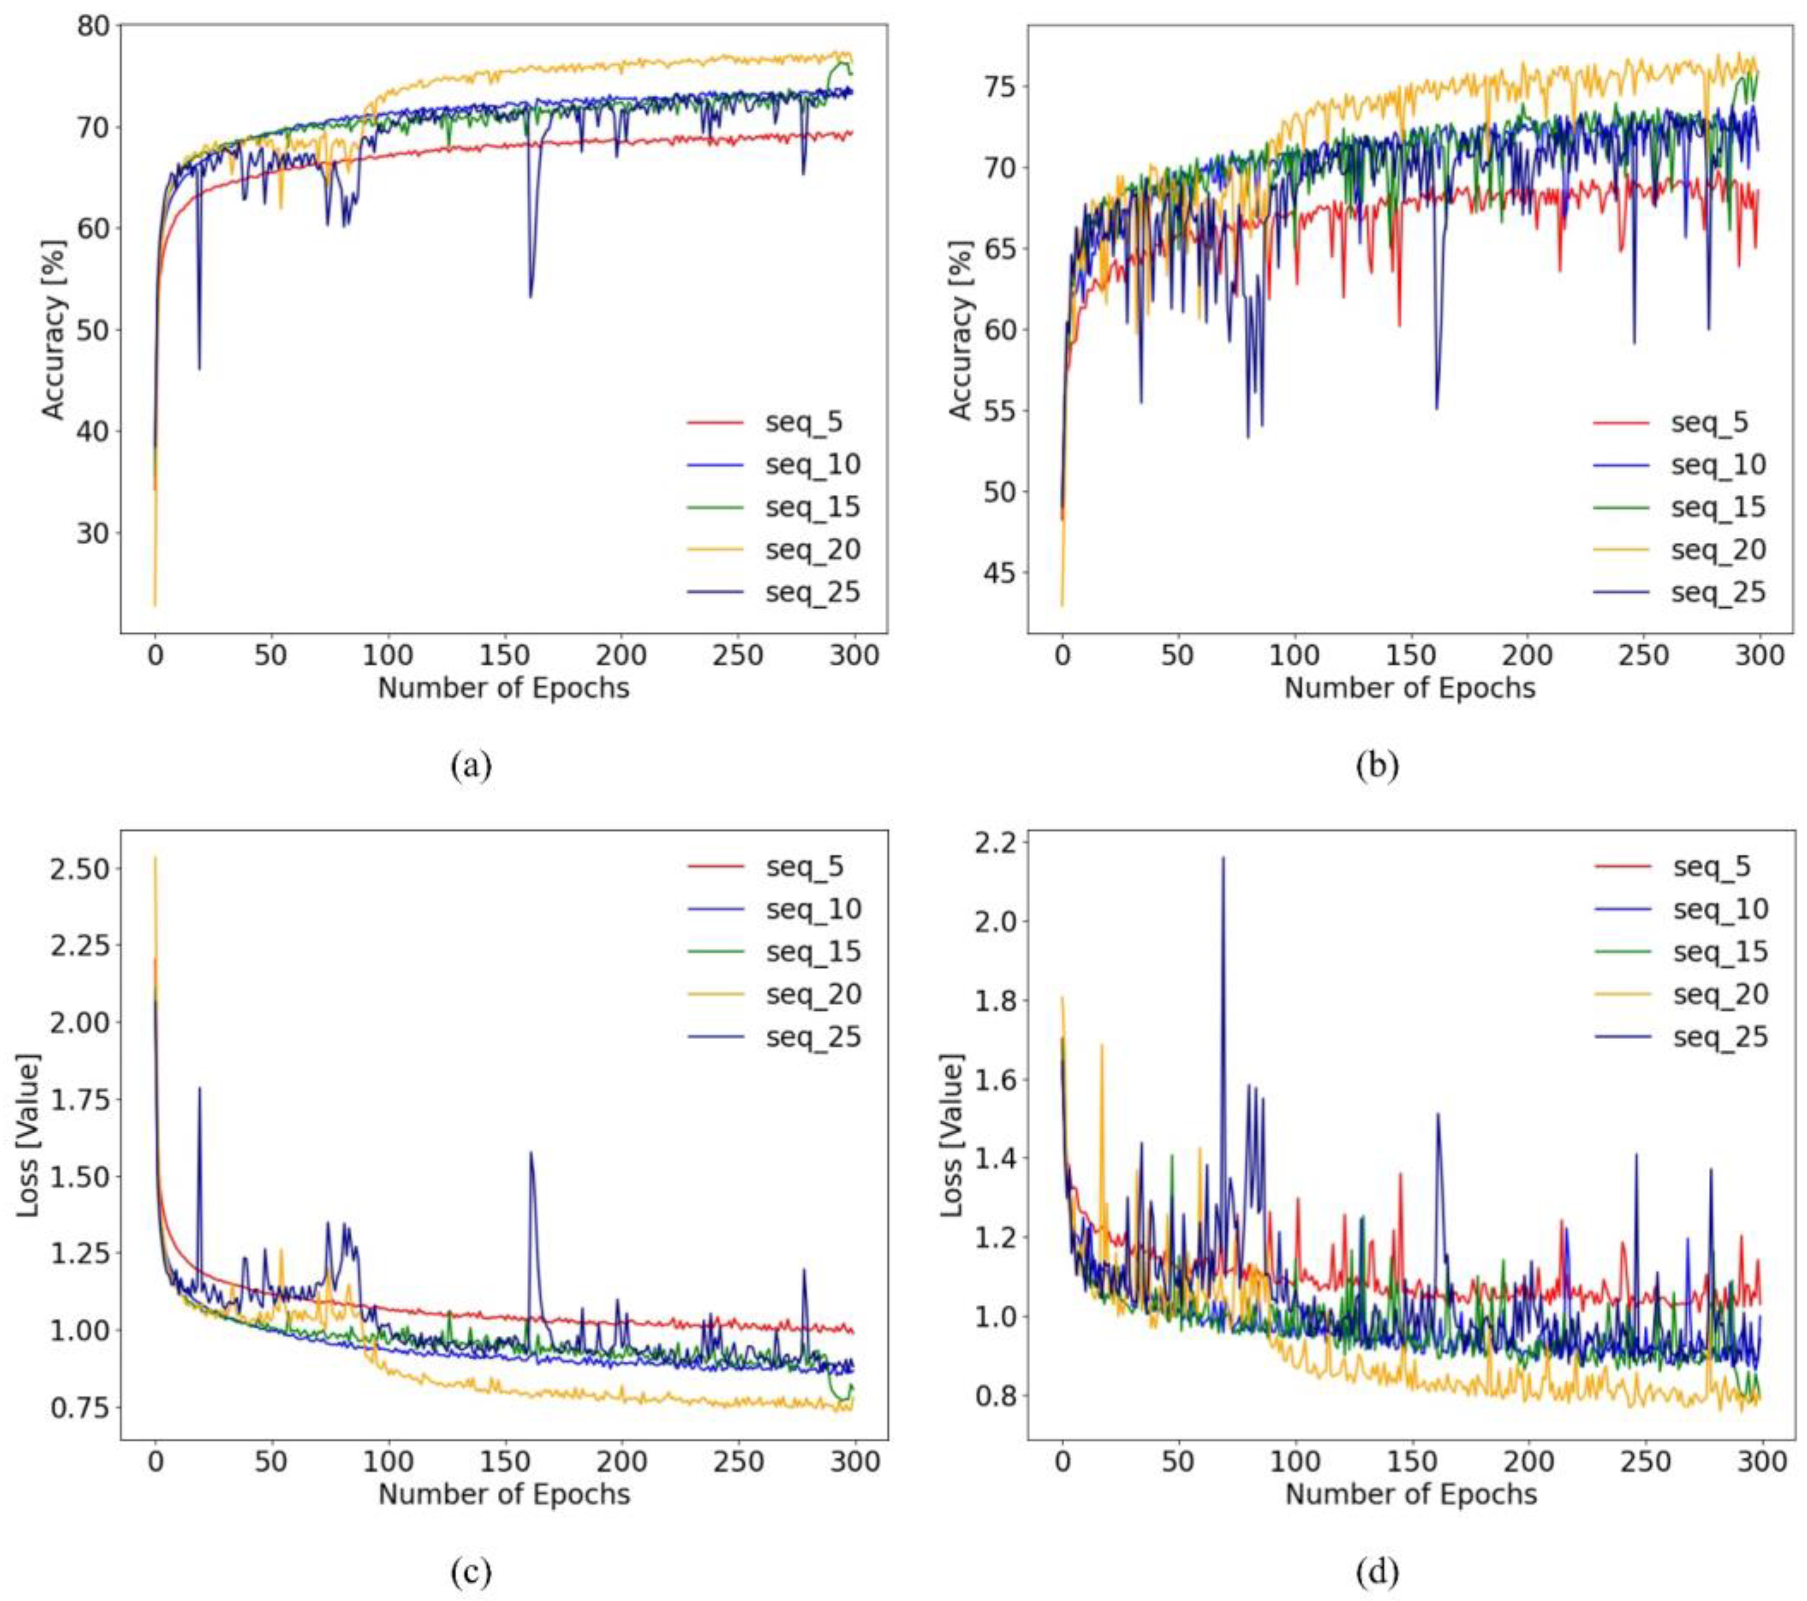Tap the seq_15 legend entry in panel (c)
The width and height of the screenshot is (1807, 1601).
click(812, 952)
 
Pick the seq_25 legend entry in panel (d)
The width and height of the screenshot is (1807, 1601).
click(1720, 1037)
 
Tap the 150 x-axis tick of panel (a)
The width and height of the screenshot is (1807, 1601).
click(505, 656)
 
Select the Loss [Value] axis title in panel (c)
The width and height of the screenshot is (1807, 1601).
click(29, 1135)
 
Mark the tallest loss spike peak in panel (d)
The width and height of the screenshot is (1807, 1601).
click(1223, 857)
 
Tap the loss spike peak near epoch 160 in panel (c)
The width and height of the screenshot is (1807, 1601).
click(530, 1153)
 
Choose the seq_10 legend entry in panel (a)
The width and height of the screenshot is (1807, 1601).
click(812, 465)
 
